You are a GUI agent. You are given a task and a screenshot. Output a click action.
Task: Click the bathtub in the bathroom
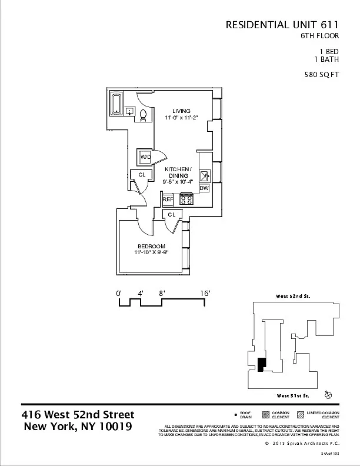click(x=116, y=104)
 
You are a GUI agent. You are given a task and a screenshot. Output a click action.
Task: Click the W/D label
click(x=145, y=158)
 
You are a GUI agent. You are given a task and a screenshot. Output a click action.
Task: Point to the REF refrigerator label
click(x=167, y=200)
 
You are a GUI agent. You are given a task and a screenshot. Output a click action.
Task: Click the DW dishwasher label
click(x=204, y=188)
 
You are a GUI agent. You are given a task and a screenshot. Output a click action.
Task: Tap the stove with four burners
click(x=186, y=199)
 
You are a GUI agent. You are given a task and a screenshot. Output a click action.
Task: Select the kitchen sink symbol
click(x=205, y=176)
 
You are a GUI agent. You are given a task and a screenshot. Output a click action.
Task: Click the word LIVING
click(x=181, y=111)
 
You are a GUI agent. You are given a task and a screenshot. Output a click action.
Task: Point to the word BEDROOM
click(x=151, y=246)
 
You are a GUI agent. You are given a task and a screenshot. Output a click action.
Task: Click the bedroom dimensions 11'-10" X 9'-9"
click(x=151, y=254)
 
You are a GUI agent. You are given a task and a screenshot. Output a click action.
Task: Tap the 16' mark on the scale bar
click(x=205, y=292)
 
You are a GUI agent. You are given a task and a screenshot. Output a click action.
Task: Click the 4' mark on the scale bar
click(x=141, y=292)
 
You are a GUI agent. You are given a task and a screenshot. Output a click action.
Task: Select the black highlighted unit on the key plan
click(x=261, y=365)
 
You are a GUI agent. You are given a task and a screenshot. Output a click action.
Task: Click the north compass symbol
click(x=328, y=394)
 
